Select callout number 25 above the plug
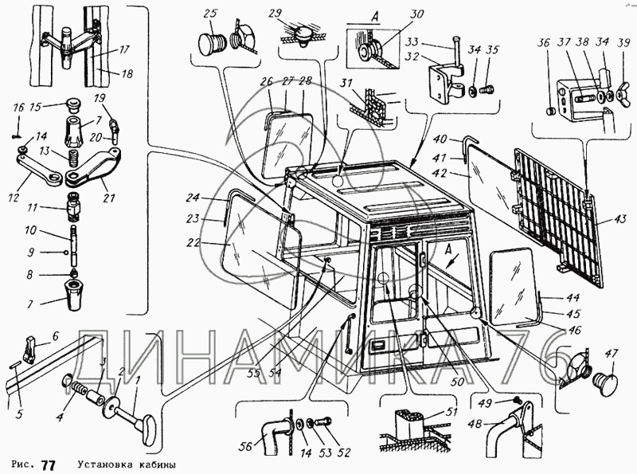tap(210, 14)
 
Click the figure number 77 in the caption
tap(49, 464)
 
